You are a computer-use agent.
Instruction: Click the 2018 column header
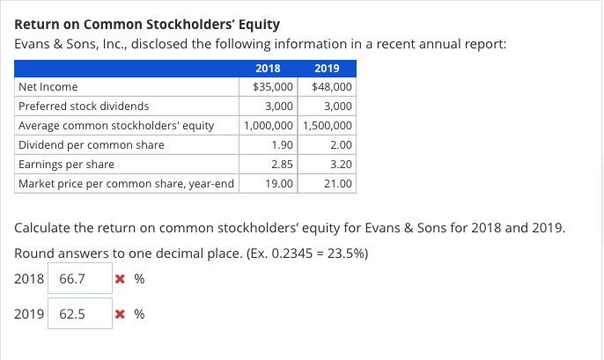(x=268, y=69)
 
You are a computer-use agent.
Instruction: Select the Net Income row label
(x=48, y=87)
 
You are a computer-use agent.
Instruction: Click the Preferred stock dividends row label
(x=83, y=107)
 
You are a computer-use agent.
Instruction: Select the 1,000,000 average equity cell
(x=270, y=126)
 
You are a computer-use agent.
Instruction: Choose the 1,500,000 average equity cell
(x=328, y=126)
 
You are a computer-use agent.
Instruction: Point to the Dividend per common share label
(x=91, y=145)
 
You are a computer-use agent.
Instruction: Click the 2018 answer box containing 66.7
(x=79, y=279)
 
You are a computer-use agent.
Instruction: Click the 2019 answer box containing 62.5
(x=79, y=313)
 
